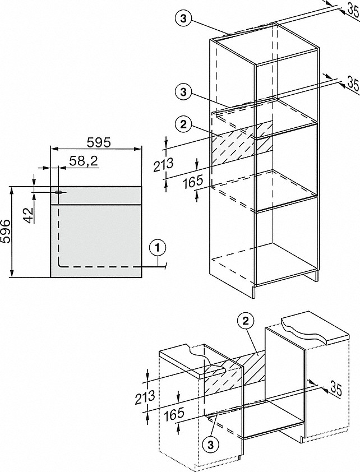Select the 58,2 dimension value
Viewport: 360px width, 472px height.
coord(84,162)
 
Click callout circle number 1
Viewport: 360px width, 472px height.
coord(159,247)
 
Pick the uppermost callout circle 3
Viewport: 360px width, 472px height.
coord(183,18)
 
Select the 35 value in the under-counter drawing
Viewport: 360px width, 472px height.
coord(335,388)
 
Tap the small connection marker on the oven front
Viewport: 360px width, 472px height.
coord(58,192)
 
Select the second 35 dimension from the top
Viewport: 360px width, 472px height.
coord(352,84)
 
